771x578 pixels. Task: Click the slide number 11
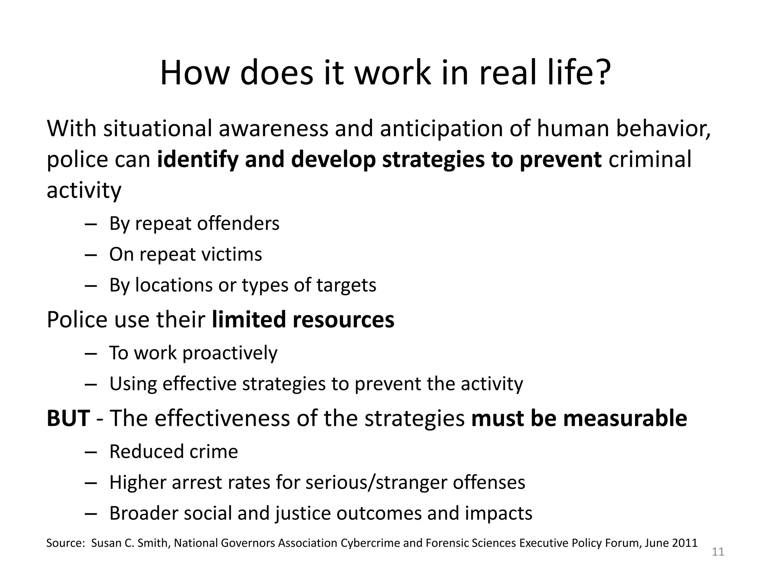click(718, 552)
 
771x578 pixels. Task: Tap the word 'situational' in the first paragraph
click(158, 128)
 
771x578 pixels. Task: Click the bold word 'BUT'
click(68, 418)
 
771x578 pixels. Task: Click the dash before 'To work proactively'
click(91, 354)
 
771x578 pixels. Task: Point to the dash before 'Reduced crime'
click(91, 452)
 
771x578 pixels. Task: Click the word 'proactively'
click(230, 354)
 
